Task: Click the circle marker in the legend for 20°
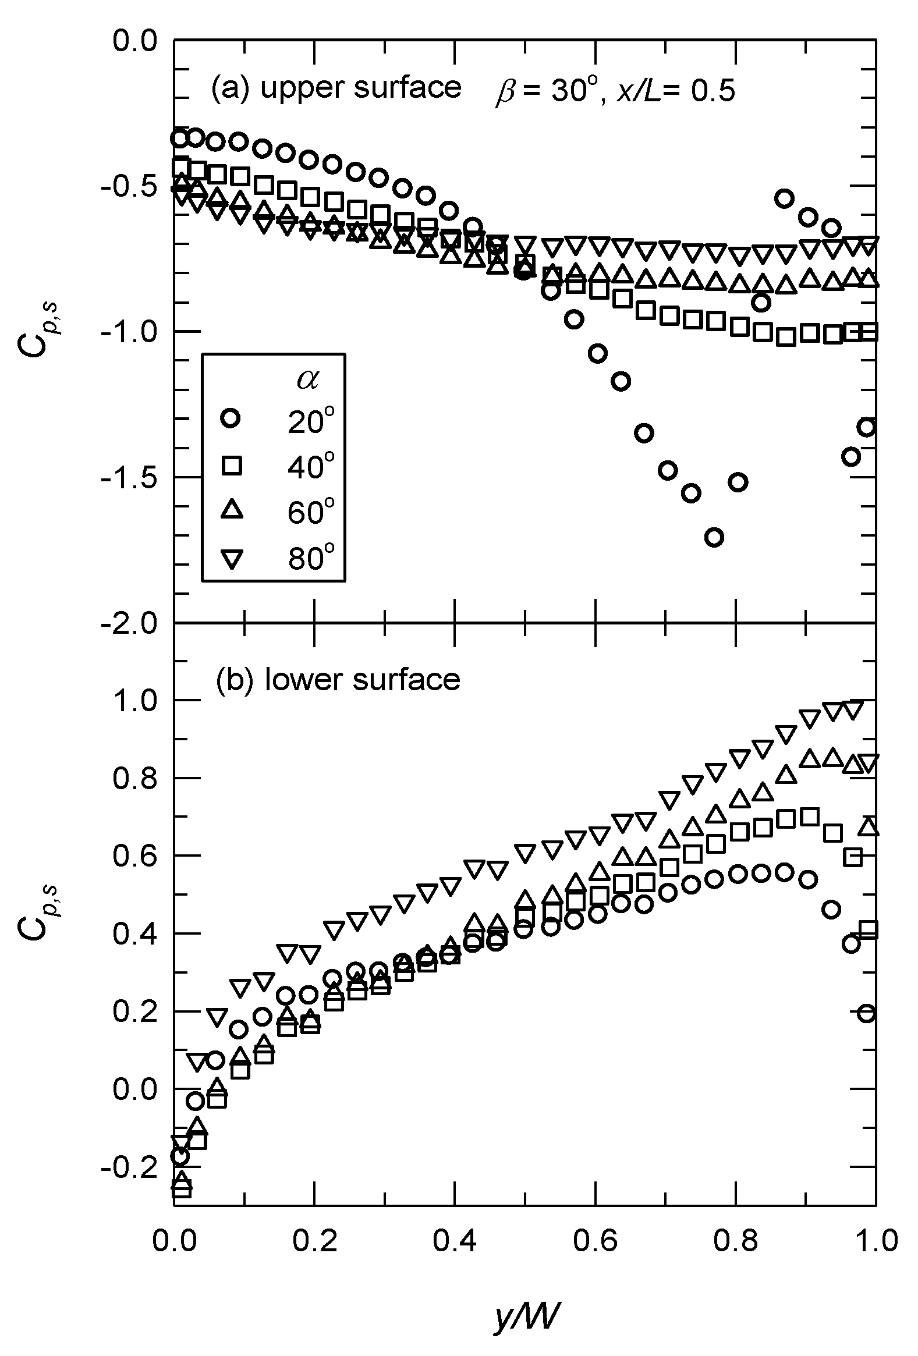point(231,419)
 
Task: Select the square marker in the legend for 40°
point(231,466)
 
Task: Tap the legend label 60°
point(311,513)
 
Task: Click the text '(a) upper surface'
point(335,87)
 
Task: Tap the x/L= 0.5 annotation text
point(676,91)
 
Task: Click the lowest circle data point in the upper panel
point(714,537)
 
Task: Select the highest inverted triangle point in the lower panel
point(852,709)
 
